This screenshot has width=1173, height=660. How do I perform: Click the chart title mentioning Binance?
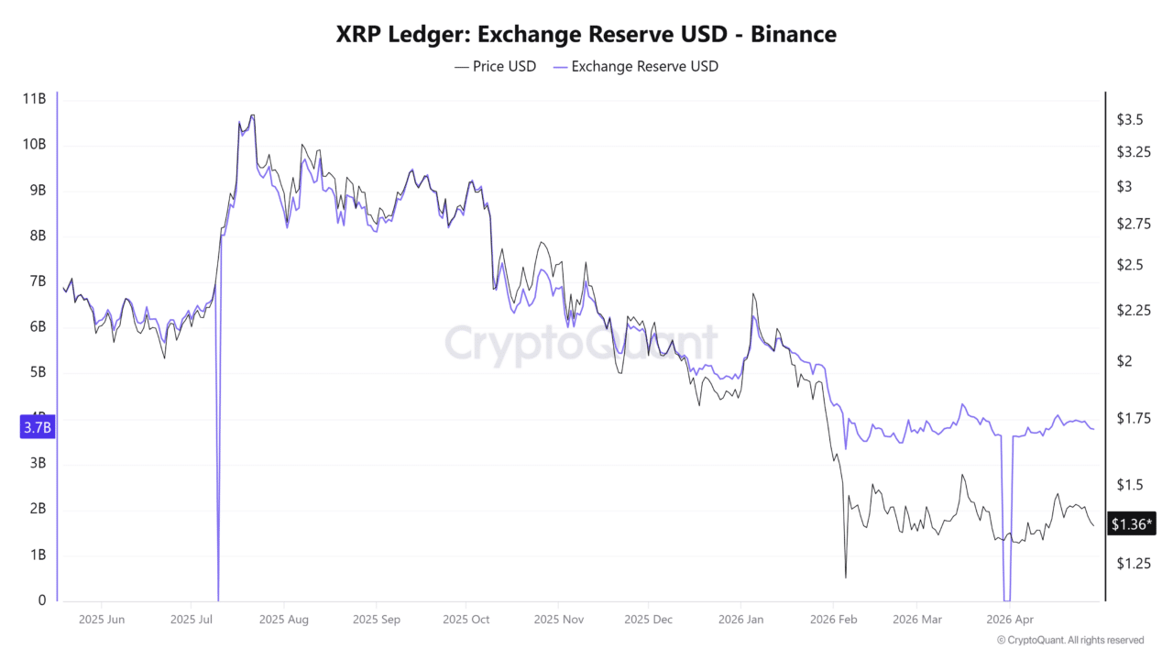586,35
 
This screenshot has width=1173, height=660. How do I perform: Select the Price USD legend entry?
495,66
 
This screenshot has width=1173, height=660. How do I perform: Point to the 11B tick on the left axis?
34,99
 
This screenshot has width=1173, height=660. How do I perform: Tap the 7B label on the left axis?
37,281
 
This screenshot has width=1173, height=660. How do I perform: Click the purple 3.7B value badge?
37,427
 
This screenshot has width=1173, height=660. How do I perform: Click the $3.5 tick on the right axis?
1129,120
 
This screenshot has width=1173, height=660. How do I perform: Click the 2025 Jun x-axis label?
102,620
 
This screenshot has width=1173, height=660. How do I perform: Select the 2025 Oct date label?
466,620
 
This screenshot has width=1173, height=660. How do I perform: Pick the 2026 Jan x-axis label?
742,620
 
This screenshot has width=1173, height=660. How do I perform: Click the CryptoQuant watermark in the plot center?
581,344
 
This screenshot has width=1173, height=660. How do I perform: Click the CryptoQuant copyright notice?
1069,640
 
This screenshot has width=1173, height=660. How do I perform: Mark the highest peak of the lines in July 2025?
252,115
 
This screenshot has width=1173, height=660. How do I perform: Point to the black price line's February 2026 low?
845,577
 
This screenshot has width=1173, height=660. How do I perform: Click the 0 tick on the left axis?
42,600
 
